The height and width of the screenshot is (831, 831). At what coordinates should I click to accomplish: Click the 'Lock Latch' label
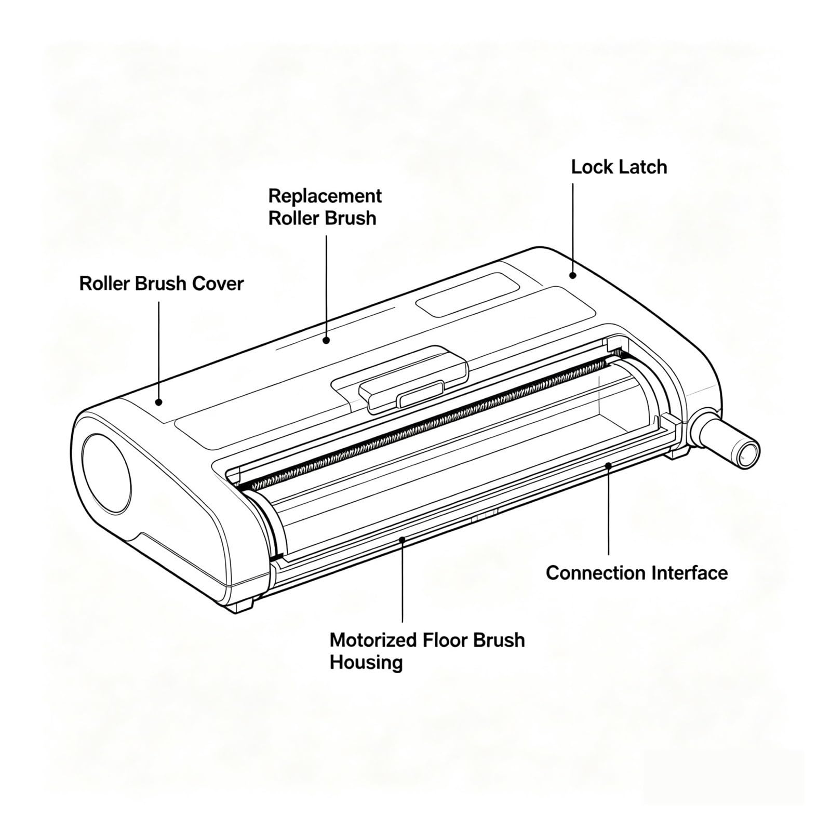[619, 167]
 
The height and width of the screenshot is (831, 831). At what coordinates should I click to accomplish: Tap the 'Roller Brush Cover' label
[162, 284]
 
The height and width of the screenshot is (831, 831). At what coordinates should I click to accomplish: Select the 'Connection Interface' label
[637, 573]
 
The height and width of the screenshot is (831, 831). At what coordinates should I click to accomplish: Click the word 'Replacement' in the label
[325, 196]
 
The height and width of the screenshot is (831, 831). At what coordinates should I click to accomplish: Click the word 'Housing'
[366, 663]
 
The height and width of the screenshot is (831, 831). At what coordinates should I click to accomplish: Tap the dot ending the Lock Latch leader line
[573, 275]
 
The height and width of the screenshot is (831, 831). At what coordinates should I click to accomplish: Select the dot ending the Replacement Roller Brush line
[326, 340]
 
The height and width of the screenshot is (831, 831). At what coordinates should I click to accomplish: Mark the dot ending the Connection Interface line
[609, 465]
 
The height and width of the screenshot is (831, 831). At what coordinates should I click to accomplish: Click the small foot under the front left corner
[240, 604]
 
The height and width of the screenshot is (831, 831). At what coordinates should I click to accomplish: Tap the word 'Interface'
[683, 573]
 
